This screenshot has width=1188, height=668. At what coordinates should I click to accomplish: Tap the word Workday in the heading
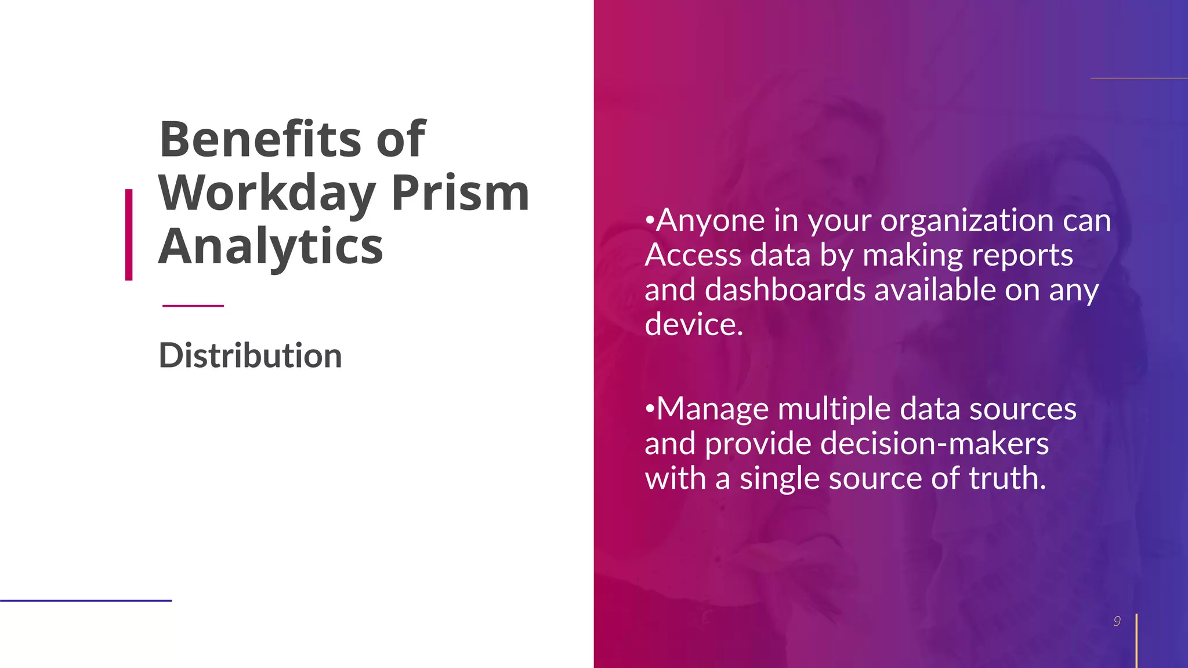(267, 193)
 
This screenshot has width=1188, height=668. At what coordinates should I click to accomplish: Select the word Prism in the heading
(460, 193)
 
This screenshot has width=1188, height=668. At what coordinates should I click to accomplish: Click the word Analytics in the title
(270, 247)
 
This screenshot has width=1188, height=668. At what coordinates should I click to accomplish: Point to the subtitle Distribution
(250, 355)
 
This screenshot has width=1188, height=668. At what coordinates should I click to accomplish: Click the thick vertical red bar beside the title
(129, 235)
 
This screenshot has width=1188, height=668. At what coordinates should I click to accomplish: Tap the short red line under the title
(193, 306)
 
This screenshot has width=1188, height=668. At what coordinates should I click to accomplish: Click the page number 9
(1117, 622)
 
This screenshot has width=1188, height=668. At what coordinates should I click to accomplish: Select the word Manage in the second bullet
(712, 409)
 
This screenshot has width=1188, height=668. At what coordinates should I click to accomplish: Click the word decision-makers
(934, 444)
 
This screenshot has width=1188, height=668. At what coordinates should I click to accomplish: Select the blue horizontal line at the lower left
(86, 601)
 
